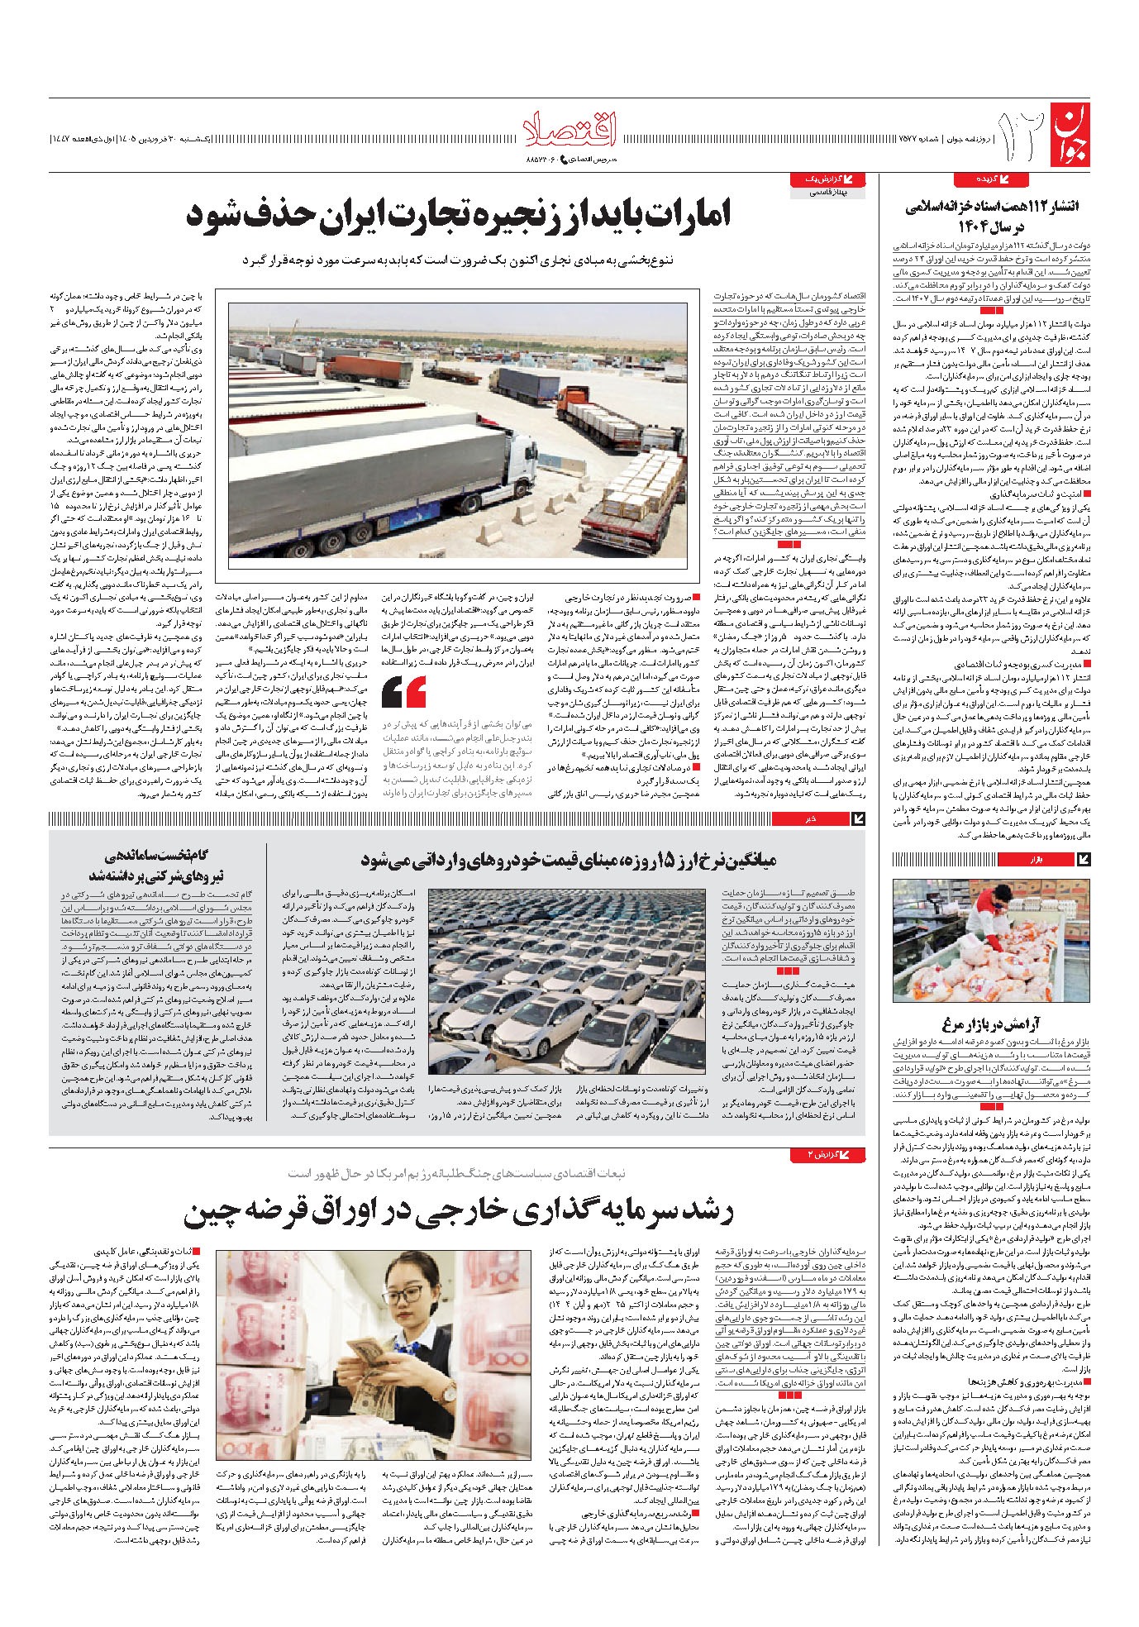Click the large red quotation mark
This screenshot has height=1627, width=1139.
pos(405,691)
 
